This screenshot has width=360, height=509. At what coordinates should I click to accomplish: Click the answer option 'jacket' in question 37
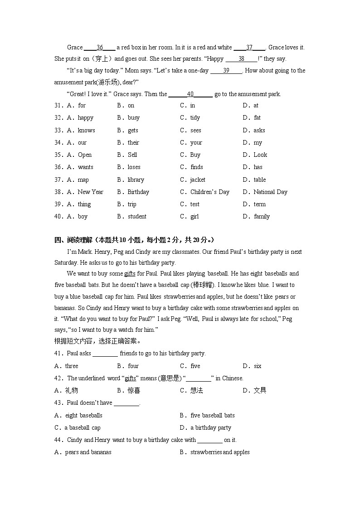click(198, 179)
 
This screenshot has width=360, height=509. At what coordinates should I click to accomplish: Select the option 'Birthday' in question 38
click(138, 192)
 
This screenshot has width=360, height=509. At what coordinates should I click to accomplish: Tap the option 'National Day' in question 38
click(270, 192)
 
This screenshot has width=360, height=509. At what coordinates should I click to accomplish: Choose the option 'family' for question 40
click(262, 216)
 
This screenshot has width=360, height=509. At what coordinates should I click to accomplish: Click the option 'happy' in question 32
click(85, 117)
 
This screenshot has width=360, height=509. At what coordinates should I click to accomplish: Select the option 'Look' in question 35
click(260, 155)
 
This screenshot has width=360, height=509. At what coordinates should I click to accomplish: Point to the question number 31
click(58, 105)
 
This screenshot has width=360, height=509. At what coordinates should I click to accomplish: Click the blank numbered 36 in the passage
click(100, 47)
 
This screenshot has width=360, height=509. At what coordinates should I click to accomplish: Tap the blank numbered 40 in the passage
click(190, 94)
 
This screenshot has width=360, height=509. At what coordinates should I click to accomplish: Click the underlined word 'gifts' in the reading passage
click(130, 273)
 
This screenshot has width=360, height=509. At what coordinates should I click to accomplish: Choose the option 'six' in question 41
click(258, 366)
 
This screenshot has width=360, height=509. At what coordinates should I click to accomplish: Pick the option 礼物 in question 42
click(71, 390)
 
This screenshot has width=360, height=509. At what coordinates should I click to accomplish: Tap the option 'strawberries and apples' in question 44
click(220, 452)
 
